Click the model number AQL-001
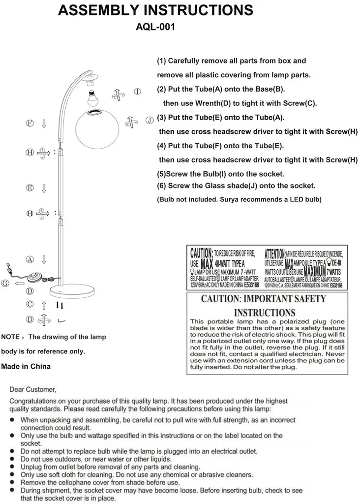155,28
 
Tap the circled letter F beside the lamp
30,123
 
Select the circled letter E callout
30,188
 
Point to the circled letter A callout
30,259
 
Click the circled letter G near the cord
5,283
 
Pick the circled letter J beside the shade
149,120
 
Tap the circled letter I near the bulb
138,91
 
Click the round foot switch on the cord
35,277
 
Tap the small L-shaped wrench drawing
61,320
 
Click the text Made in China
26,367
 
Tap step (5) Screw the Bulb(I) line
220,174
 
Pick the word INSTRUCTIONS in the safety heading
264,313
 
